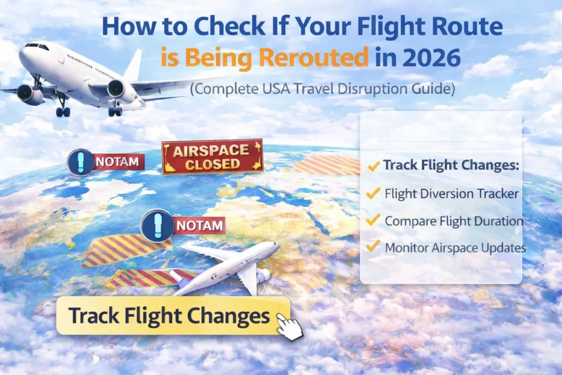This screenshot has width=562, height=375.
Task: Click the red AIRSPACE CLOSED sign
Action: [212, 157]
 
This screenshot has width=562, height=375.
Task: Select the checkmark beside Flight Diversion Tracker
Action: [373, 193]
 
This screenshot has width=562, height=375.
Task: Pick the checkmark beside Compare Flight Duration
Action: [373, 220]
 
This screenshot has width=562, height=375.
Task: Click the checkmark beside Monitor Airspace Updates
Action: [373, 247]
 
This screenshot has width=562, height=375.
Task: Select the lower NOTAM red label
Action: [200, 225]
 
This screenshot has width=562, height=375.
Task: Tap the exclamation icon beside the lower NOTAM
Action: [156, 225]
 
